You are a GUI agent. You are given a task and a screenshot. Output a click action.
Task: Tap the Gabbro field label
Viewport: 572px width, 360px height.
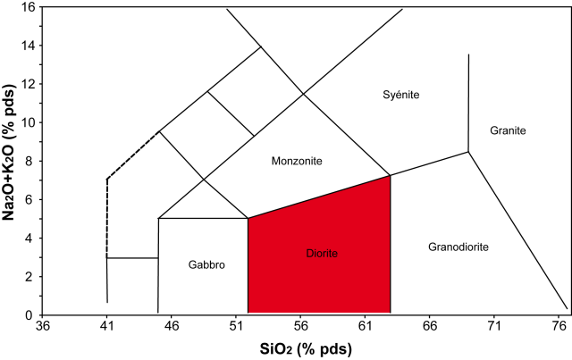(206, 265)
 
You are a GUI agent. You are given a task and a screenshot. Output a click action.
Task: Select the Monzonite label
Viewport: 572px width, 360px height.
(296, 161)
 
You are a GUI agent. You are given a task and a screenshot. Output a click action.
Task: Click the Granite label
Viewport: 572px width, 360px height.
(508, 131)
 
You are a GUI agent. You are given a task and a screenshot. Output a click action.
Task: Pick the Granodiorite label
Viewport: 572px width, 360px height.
(458, 247)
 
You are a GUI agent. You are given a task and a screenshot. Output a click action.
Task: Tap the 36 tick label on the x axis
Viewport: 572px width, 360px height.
(41, 328)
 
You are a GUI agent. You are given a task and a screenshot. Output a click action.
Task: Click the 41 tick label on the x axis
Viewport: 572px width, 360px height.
(106, 328)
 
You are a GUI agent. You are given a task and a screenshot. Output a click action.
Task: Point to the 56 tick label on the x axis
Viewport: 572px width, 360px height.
(301, 328)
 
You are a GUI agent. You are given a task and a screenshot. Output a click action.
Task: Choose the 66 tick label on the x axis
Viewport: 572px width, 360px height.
(431, 328)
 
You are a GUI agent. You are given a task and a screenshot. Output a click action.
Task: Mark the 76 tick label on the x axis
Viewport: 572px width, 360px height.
(560, 328)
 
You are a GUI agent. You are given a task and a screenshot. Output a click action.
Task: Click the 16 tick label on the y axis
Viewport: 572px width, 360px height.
(28, 7)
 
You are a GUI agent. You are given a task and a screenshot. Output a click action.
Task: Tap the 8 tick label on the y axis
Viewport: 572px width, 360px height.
(30, 162)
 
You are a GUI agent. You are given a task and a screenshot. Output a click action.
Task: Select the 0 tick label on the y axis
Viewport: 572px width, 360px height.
(30, 315)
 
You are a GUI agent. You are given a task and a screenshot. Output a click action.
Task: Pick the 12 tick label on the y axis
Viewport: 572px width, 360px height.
(28, 84)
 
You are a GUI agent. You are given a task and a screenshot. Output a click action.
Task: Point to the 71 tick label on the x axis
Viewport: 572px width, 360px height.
(495, 328)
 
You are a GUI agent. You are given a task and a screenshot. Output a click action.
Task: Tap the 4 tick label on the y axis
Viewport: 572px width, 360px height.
(30, 239)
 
